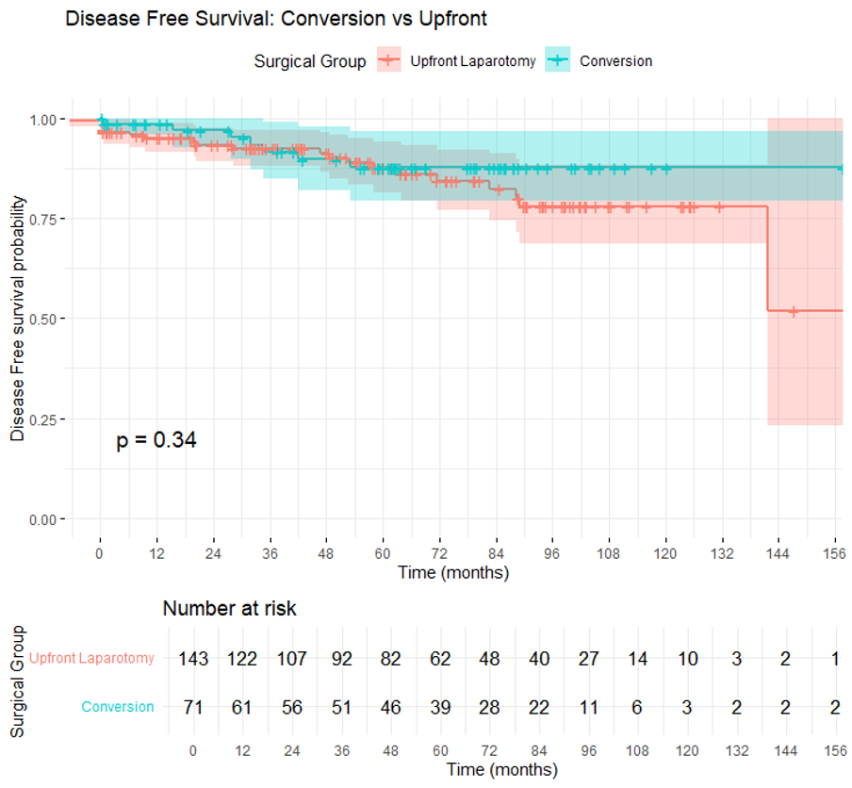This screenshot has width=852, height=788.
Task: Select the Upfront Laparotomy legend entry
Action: pos(472,61)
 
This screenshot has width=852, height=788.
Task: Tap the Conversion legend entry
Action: pos(615,61)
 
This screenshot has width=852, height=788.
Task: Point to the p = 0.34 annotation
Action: pos(156,440)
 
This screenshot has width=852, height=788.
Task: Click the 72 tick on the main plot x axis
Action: pos(440,553)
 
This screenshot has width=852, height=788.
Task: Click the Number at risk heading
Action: pos(229,609)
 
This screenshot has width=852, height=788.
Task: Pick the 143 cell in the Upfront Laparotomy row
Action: pos(193,659)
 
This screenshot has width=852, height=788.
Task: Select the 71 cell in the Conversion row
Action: pos(193,707)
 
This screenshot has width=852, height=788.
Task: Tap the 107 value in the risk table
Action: pos(292,659)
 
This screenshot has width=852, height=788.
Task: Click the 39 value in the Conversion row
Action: pos(440,707)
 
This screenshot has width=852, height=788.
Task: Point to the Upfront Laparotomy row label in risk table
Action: pos(91,659)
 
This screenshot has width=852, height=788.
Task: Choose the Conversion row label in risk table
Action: pos(118,707)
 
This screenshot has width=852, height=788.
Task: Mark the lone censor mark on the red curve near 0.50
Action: pos(794,310)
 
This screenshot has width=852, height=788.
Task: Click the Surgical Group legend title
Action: pos(310,61)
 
